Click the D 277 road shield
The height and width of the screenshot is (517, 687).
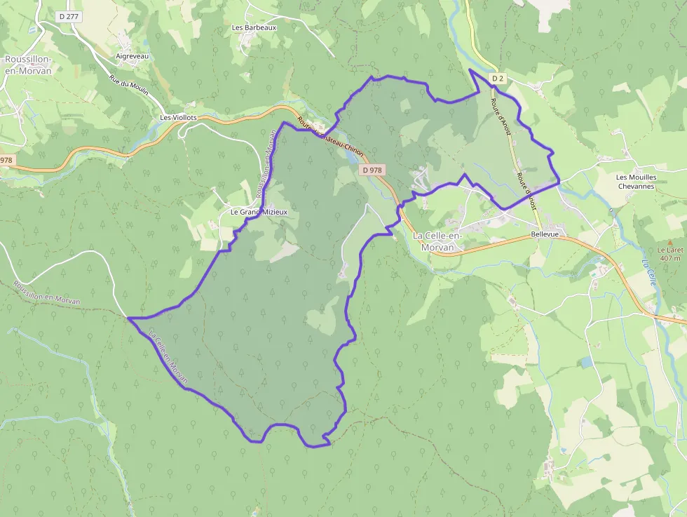click(68, 15)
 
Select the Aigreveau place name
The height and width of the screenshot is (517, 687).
click(132, 56)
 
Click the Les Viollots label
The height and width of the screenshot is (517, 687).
click(179, 118)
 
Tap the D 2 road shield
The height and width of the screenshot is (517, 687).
click(498, 79)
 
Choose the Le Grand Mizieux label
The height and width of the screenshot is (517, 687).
click(259, 211)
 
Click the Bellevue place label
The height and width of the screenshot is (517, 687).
click(545, 234)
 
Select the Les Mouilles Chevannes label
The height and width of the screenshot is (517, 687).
click(636, 182)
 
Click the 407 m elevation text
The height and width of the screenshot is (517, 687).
click(670, 258)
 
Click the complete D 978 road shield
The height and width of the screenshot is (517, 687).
click(372, 170)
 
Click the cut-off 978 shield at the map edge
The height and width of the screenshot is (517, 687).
click(6, 160)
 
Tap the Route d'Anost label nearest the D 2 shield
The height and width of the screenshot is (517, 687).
click(502, 116)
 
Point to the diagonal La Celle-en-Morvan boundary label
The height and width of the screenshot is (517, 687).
click(169, 357)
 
